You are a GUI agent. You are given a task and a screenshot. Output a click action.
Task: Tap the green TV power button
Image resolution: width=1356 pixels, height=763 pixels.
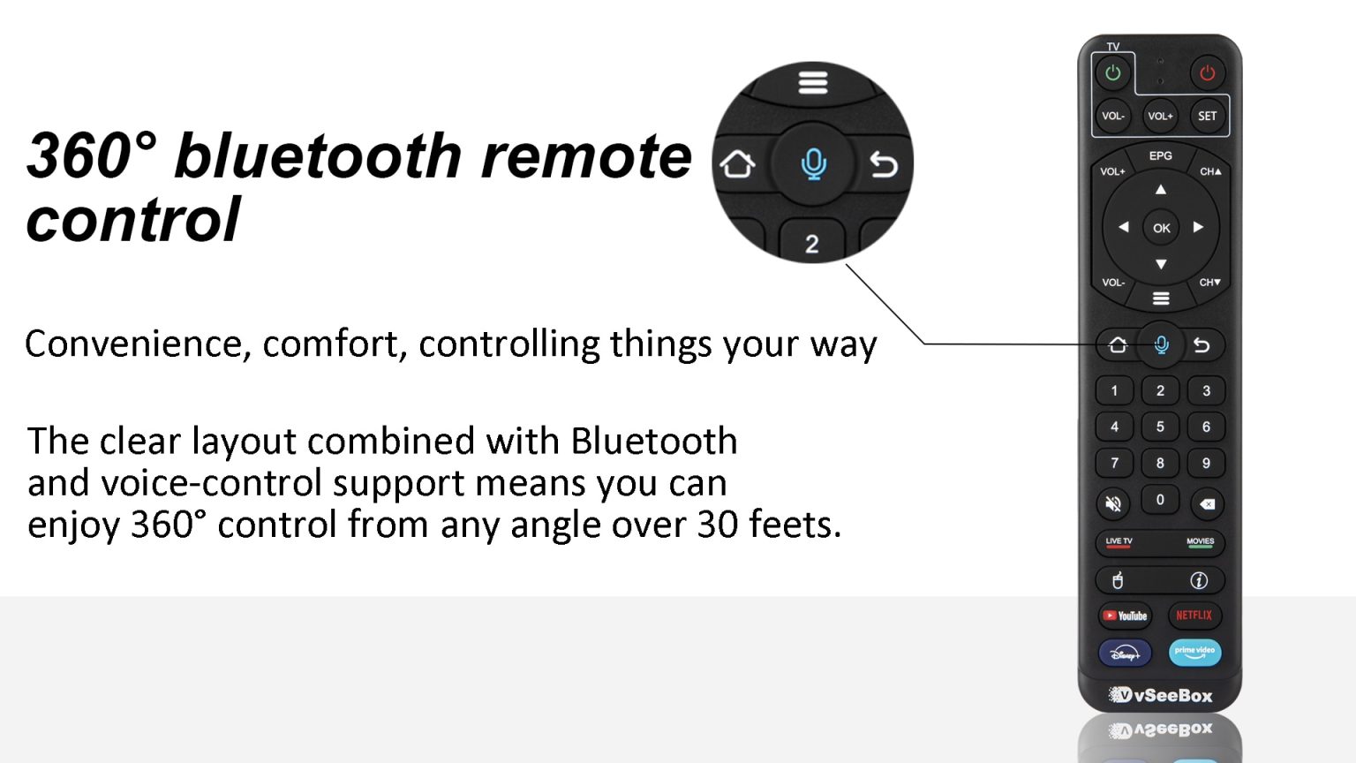pos(1113,73)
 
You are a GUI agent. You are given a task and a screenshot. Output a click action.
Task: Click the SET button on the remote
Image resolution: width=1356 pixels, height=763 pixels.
pos(1207,116)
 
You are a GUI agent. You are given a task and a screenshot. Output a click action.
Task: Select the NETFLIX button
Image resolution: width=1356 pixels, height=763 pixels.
pos(1194,616)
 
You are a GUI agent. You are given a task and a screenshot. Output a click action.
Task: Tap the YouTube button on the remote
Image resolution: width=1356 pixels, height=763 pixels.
pos(1126,616)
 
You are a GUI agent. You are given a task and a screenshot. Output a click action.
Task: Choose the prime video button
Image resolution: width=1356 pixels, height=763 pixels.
pos(1194,653)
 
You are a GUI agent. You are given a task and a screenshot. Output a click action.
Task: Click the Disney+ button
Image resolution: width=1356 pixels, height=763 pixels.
pos(1126,653)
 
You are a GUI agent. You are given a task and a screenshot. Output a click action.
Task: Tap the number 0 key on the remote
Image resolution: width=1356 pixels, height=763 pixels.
pos(1160,500)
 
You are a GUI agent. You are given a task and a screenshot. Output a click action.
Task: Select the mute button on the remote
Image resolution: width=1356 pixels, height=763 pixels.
pos(1114,504)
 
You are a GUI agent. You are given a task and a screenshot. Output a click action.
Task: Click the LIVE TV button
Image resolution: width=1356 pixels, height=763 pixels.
pos(1119,542)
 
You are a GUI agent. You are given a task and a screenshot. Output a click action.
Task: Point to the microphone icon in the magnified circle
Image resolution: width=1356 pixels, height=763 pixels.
pos(813,163)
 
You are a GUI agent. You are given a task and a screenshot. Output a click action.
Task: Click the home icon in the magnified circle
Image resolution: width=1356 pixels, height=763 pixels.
pos(738,163)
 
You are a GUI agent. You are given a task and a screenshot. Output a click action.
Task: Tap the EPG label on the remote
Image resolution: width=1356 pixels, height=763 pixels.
pos(1160,155)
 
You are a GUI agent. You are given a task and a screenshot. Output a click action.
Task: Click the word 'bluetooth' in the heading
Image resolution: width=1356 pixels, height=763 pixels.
pos(318,156)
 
